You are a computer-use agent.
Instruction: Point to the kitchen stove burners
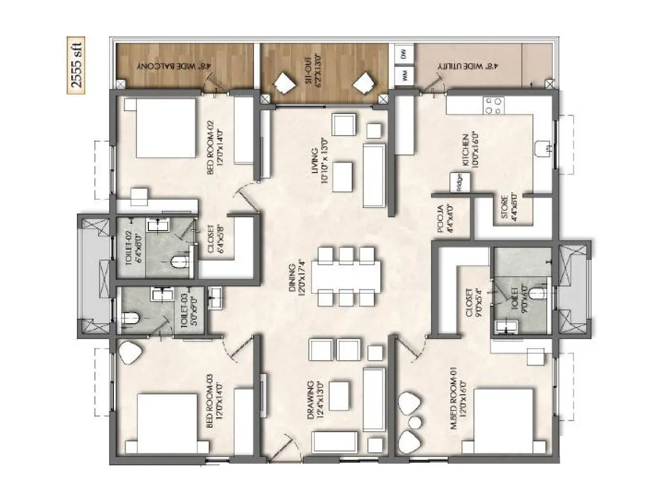tap(494, 105)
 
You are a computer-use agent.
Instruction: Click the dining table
tap(346, 276)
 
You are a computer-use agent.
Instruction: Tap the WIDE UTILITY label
tap(468, 66)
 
